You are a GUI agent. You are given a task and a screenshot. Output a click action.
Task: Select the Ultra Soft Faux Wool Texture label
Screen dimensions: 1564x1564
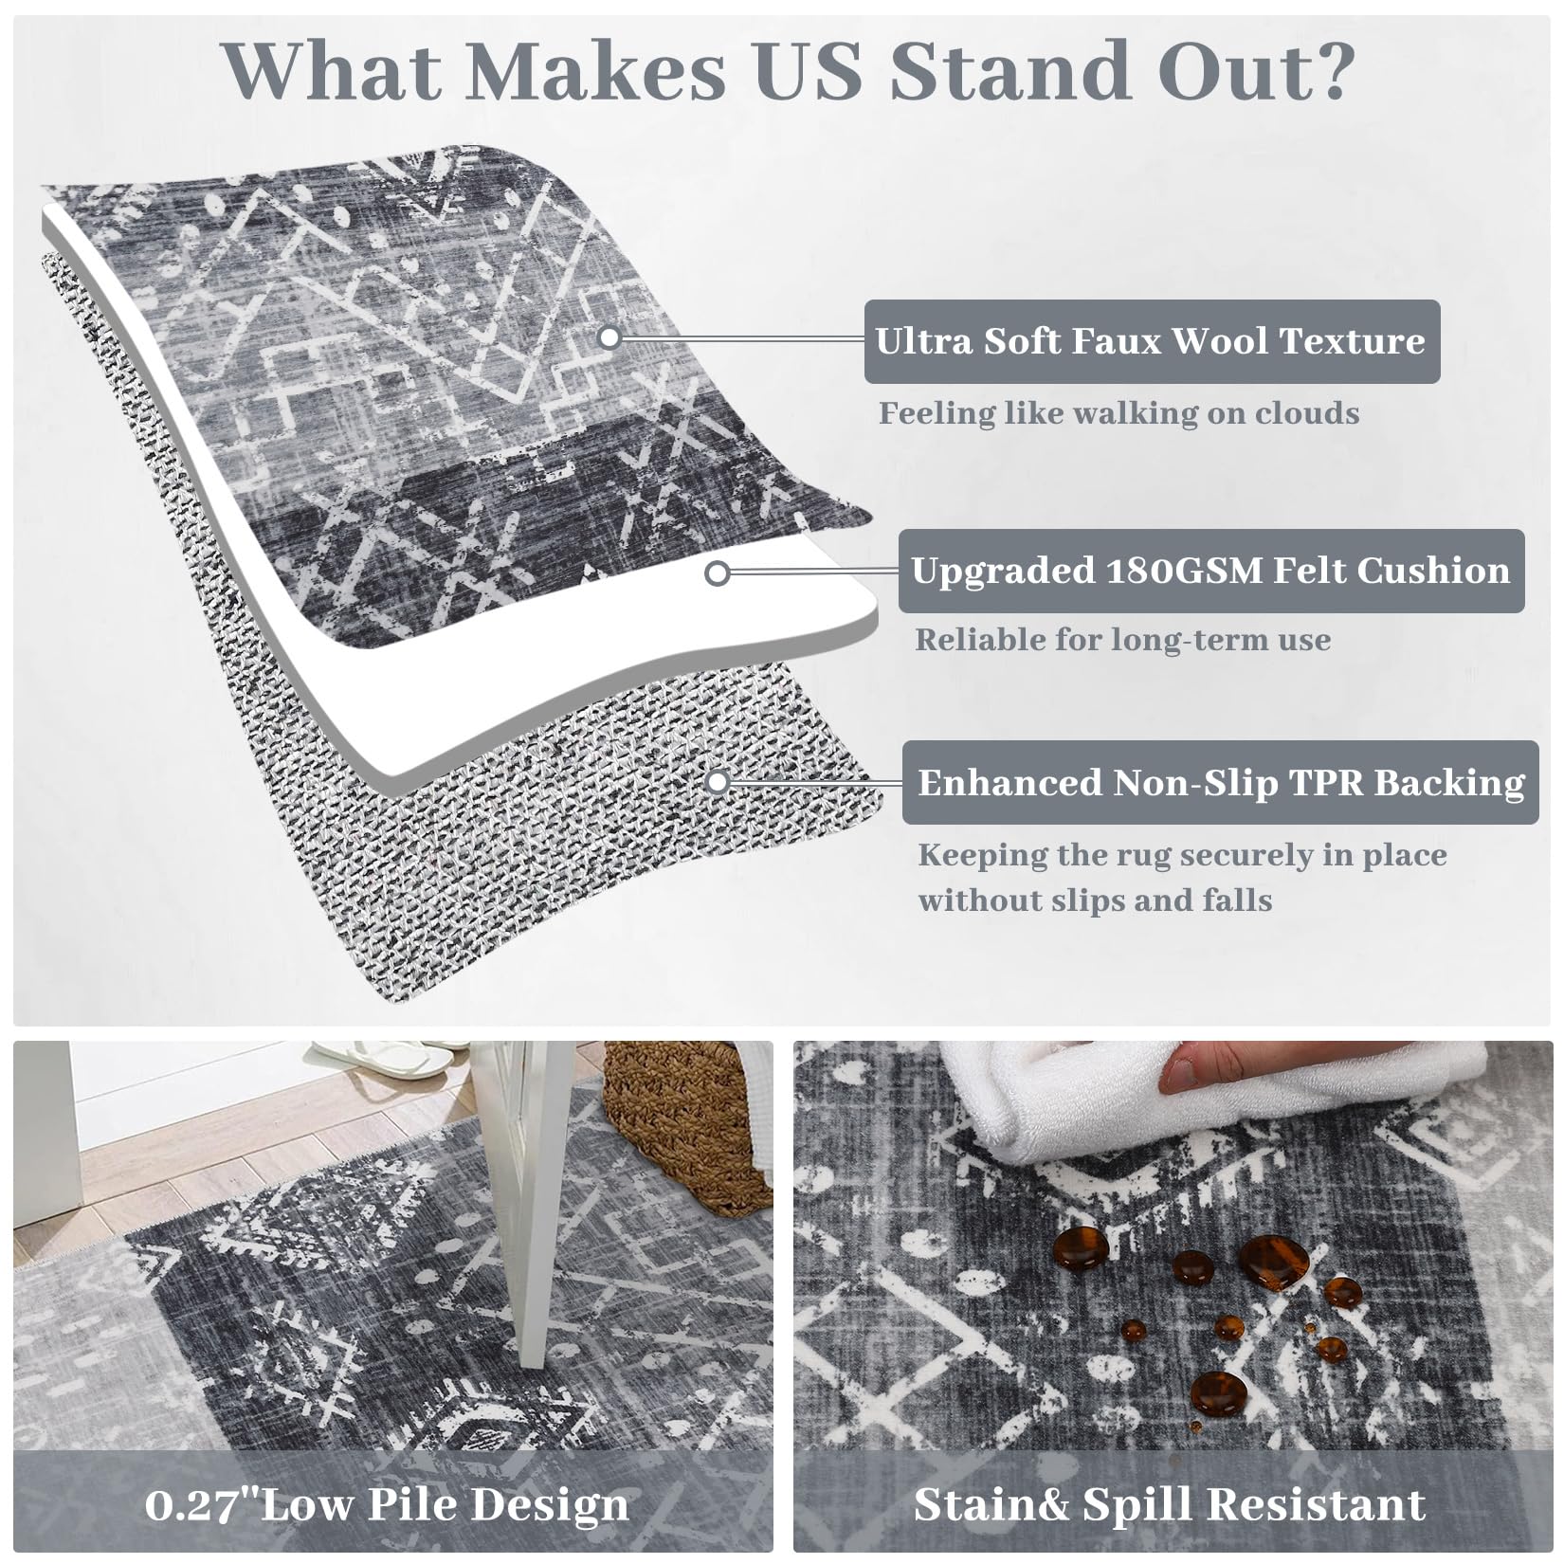point(1151,341)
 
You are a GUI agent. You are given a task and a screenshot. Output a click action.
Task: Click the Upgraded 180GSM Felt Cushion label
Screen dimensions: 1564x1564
point(1210,571)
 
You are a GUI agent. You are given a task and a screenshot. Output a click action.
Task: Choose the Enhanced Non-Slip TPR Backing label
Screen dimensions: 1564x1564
point(1220,783)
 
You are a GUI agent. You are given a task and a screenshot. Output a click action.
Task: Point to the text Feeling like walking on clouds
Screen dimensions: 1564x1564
point(1118,414)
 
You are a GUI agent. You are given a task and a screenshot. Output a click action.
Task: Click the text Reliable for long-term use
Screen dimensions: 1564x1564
point(1122,640)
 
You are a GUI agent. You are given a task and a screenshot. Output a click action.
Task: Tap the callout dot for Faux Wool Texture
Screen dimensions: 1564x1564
point(610,336)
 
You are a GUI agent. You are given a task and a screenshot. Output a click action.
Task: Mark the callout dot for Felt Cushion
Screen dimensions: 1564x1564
point(718,573)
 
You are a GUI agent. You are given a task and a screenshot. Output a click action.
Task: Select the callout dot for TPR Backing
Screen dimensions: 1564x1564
point(718,782)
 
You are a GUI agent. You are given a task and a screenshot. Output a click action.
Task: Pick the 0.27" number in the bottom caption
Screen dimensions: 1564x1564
point(194,1504)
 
